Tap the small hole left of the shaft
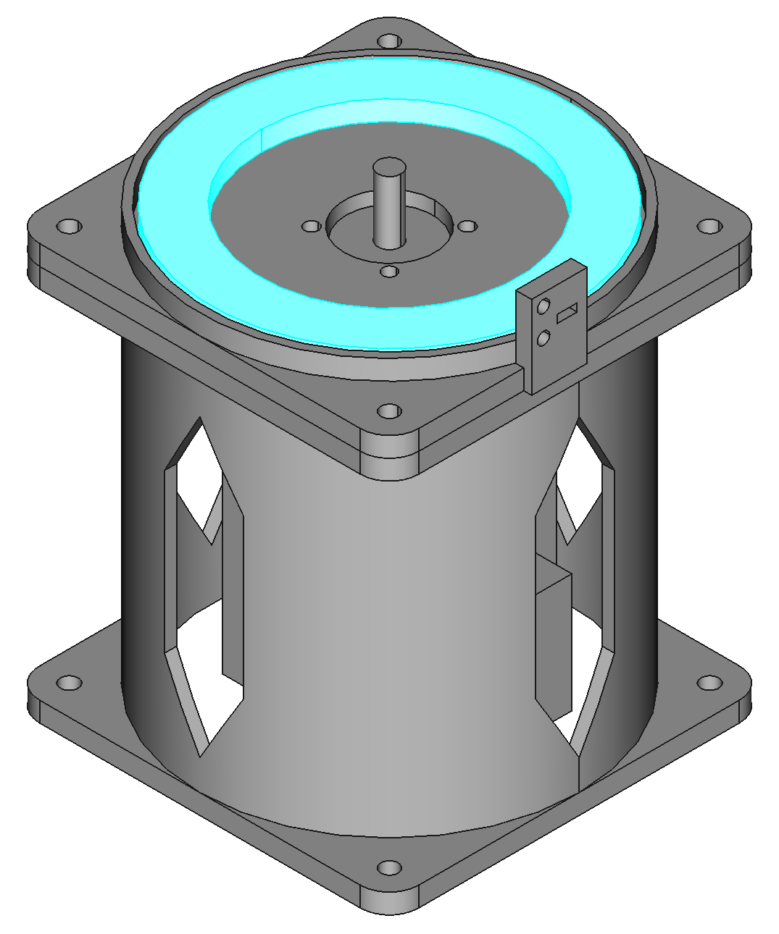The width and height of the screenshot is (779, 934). point(312,227)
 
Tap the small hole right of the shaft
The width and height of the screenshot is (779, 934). point(468,227)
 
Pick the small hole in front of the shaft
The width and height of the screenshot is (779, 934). point(390,272)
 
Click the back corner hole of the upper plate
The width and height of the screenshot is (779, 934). point(390,41)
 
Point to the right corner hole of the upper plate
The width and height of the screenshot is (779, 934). point(709,227)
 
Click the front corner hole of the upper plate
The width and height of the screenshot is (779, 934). point(390,412)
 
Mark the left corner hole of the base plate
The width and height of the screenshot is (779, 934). point(70,683)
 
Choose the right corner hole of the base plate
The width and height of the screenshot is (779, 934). point(709,683)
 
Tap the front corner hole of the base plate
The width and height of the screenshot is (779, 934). point(390,867)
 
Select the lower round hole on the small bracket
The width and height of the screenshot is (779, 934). point(543,337)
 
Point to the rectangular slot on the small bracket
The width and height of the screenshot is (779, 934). point(567,313)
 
